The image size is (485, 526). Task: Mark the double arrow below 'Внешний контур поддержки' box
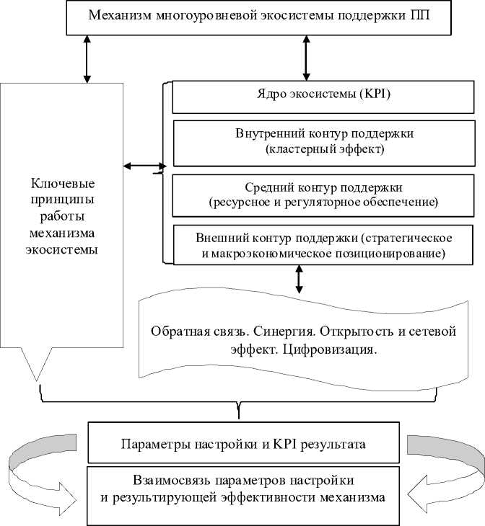pyautogui.click(x=298, y=280)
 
